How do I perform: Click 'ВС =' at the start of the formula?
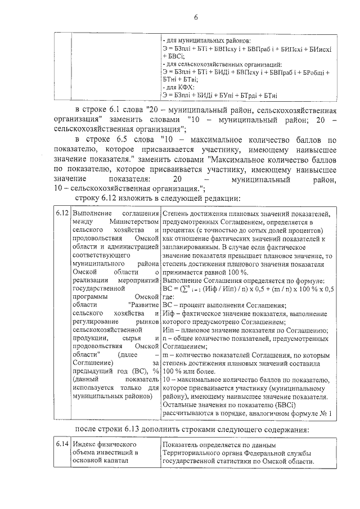(x=169, y=289)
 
